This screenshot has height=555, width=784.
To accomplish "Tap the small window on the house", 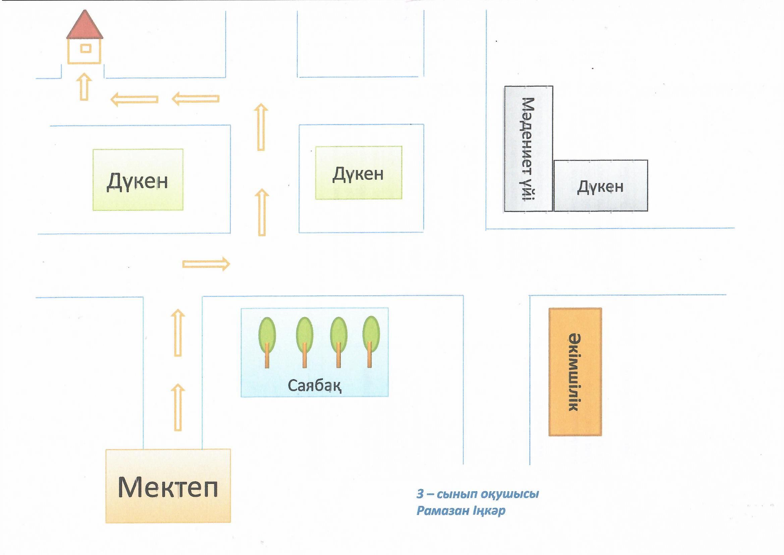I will pos(86,49).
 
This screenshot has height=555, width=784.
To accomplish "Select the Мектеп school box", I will pos(168,487).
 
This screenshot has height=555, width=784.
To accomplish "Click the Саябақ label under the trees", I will pos(314,386).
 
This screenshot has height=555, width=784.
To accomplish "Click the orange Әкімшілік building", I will pos(575,372).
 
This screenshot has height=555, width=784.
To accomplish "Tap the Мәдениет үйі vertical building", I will pos(528,149).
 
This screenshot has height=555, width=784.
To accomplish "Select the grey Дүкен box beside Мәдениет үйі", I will pos(600,186).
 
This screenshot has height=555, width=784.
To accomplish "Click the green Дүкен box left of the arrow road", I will pos(137,180).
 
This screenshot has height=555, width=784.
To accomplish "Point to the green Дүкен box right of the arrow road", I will pos(358,173).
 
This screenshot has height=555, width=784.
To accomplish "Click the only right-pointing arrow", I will pos(206,264).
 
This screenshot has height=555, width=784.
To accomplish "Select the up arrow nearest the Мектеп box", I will pos(178,407).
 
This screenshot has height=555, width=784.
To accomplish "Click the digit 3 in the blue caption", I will pos(420,494).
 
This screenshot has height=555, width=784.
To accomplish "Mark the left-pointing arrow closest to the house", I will pos(134,99).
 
